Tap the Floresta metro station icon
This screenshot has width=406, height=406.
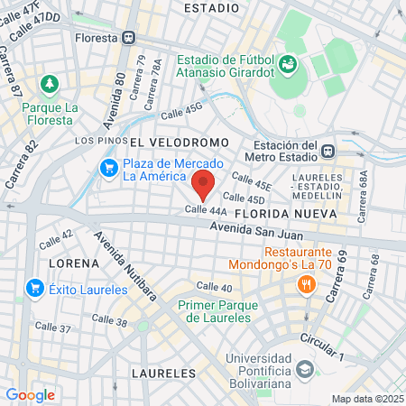pyautogui.click(x=130, y=38)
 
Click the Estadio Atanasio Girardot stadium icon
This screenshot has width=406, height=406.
pyautogui.click(x=288, y=63)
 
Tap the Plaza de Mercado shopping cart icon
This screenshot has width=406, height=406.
pyautogui.click(x=109, y=169)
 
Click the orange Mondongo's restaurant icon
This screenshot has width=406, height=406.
pyautogui.click(x=307, y=285)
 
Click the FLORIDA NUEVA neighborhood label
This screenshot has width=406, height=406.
pyautogui.click(x=284, y=213)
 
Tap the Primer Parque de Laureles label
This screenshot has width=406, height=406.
pyautogui.click(x=214, y=311)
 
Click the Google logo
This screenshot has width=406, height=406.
pyautogui.click(x=30, y=394)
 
